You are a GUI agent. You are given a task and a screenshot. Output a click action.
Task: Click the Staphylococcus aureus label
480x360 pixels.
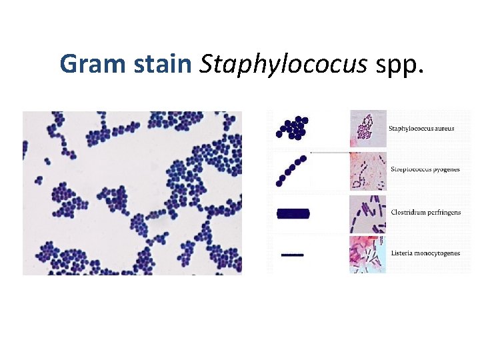(421, 128)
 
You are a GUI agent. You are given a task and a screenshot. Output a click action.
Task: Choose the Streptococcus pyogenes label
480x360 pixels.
(425, 169)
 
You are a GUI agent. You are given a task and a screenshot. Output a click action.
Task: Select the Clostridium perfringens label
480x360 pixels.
(425, 213)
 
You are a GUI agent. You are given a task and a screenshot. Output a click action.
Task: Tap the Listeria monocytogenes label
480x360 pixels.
(425, 253)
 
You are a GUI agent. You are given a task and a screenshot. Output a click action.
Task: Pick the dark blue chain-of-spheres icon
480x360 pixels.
(291, 171)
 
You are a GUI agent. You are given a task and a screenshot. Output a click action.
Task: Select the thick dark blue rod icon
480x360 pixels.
(293, 213)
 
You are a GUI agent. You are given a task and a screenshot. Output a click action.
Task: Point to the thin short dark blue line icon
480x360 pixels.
(292, 254)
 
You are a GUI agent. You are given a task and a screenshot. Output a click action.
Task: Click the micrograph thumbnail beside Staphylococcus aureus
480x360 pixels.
(367, 128)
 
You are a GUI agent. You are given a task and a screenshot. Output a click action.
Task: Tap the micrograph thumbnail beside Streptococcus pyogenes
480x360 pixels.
(367, 171)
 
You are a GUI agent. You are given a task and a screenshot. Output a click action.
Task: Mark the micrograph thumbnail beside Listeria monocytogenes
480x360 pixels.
(367, 255)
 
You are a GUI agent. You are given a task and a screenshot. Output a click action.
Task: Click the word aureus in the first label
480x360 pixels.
(443, 128)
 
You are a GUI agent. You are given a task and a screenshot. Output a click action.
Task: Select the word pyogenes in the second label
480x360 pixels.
(445, 169)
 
